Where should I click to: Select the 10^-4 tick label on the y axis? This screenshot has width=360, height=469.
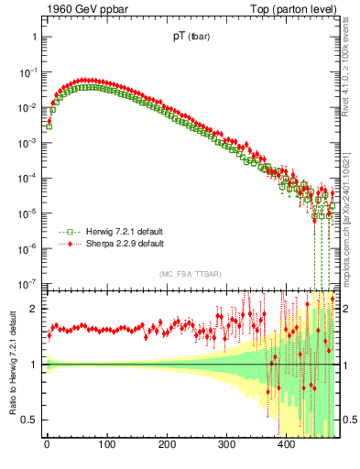[x=27, y=179]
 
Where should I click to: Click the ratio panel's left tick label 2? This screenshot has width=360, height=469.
[x=33, y=309]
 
